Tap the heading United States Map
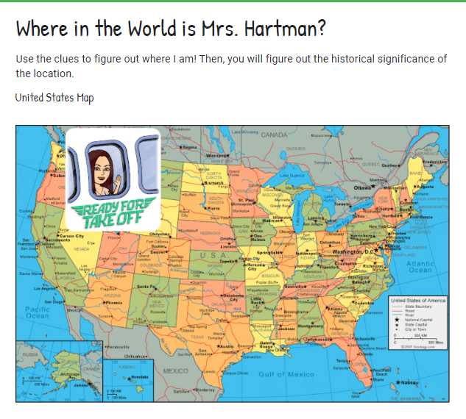click(x=54, y=98)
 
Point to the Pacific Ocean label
click(x=38, y=312)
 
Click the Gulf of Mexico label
click(x=286, y=374)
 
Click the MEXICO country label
click(x=177, y=370)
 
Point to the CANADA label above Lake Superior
click(x=275, y=135)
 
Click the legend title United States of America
click(x=417, y=301)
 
